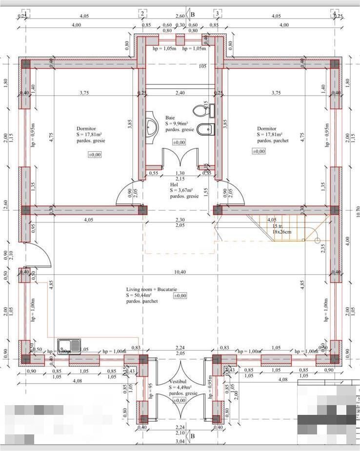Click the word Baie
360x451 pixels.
170,118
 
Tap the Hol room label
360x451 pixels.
174,185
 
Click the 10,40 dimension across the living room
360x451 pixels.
180,272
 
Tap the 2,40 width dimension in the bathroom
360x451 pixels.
180,93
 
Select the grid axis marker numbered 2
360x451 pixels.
142,13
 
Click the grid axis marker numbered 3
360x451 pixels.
217,13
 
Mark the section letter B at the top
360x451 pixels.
192,15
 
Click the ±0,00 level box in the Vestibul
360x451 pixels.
179,400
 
